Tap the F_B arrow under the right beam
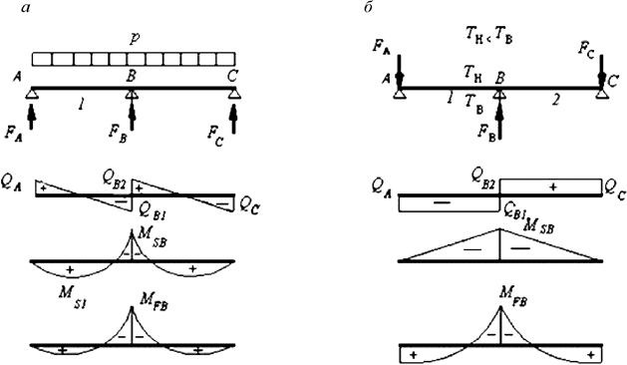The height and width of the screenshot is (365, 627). pyautogui.click(x=499, y=114)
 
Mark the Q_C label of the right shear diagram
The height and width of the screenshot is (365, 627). pyautogui.click(x=616, y=185)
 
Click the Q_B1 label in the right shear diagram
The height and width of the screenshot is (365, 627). pyautogui.click(x=516, y=210)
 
